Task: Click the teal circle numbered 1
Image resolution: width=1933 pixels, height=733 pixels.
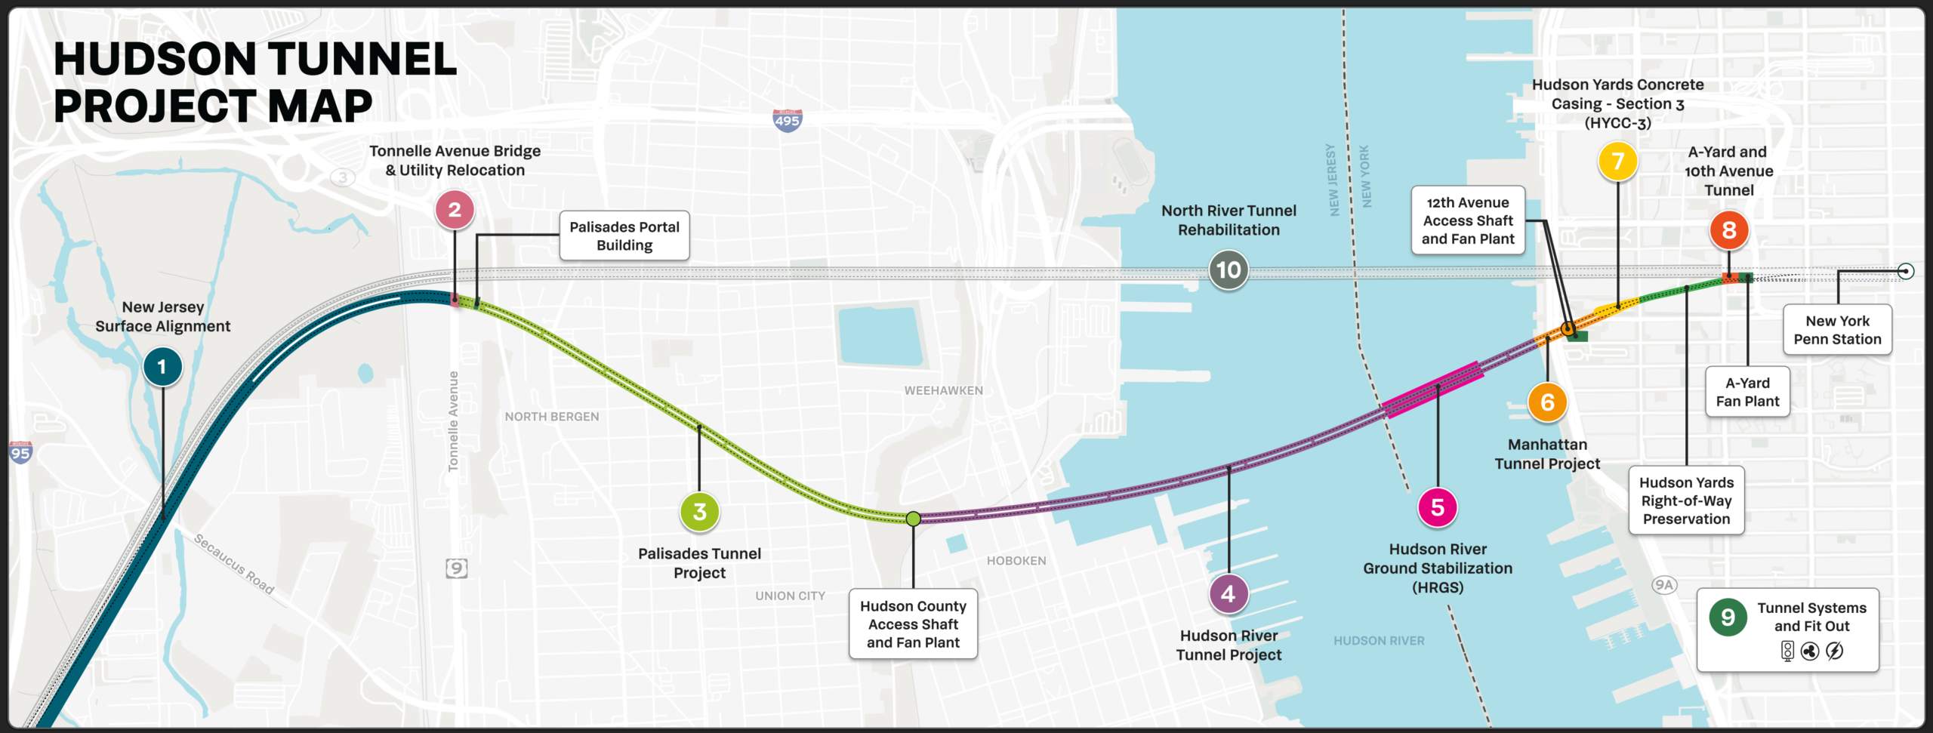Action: click(162, 367)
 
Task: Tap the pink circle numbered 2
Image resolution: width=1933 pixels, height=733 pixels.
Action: click(455, 210)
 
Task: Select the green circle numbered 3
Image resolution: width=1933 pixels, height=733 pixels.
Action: click(699, 512)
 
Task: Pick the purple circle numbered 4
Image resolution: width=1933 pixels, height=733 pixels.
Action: click(1229, 594)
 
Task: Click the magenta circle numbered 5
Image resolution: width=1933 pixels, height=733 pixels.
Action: click(1438, 507)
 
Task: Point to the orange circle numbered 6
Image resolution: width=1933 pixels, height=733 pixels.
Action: click(1547, 402)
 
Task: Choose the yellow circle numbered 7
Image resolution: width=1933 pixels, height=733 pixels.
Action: click(1617, 161)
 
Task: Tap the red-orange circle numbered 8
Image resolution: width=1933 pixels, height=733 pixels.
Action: click(1729, 230)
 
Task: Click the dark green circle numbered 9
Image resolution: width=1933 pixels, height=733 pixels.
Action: click(1728, 618)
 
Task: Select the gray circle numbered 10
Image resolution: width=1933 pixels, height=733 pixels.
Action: click(1229, 270)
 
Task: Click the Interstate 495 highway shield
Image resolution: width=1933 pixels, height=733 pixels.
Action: click(787, 120)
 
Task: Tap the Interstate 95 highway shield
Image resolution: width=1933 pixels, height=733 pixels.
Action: click(20, 453)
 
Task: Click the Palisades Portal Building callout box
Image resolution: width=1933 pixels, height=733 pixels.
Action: click(624, 236)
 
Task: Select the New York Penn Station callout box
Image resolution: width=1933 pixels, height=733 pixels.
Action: click(1837, 330)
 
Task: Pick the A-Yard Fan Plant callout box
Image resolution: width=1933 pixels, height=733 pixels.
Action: click(1747, 392)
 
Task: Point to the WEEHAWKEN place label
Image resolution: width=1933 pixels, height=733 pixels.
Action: click(944, 390)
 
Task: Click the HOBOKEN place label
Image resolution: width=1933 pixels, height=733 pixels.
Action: click(1016, 561)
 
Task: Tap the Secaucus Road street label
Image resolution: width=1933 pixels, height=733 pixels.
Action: click(233, 564)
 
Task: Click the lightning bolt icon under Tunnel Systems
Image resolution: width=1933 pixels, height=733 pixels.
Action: click(1835, 651)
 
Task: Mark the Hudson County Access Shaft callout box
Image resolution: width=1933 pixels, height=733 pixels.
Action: click(913, 624)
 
